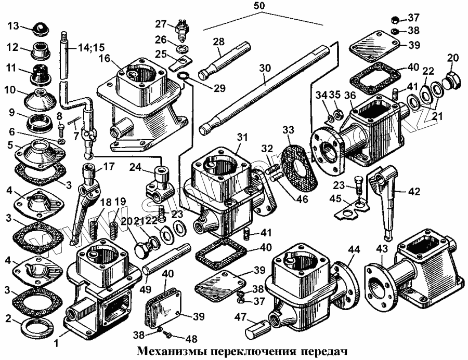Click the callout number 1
(56, 343)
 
